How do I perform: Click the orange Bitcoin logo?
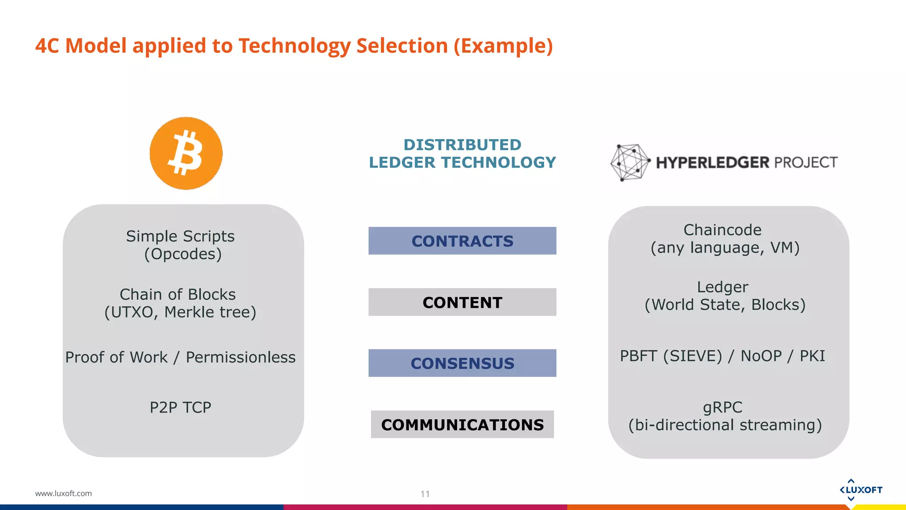click(186, 153)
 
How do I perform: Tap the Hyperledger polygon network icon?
click(630, 162)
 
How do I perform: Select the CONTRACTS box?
click(462, 241)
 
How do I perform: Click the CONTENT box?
click(462, 302)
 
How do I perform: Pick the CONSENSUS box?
click(462, 363)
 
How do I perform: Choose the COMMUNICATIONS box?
click(462, 424)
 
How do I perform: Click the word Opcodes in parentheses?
click(183, 254)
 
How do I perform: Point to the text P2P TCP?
click(180, 407)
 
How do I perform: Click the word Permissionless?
click(240, 357)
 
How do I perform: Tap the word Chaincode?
click(722, 230)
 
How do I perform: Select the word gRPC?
click(722, 407)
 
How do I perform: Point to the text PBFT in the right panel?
click(638, 356)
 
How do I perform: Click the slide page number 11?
click(425, 494)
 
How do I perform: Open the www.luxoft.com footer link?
click(63, 493)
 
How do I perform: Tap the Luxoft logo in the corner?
click(860, 490)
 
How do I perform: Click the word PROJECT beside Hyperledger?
click(806, 162)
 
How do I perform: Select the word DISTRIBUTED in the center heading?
click(462, 145)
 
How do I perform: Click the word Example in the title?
click(503, 46)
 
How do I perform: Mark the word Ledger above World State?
click(722, 287)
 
